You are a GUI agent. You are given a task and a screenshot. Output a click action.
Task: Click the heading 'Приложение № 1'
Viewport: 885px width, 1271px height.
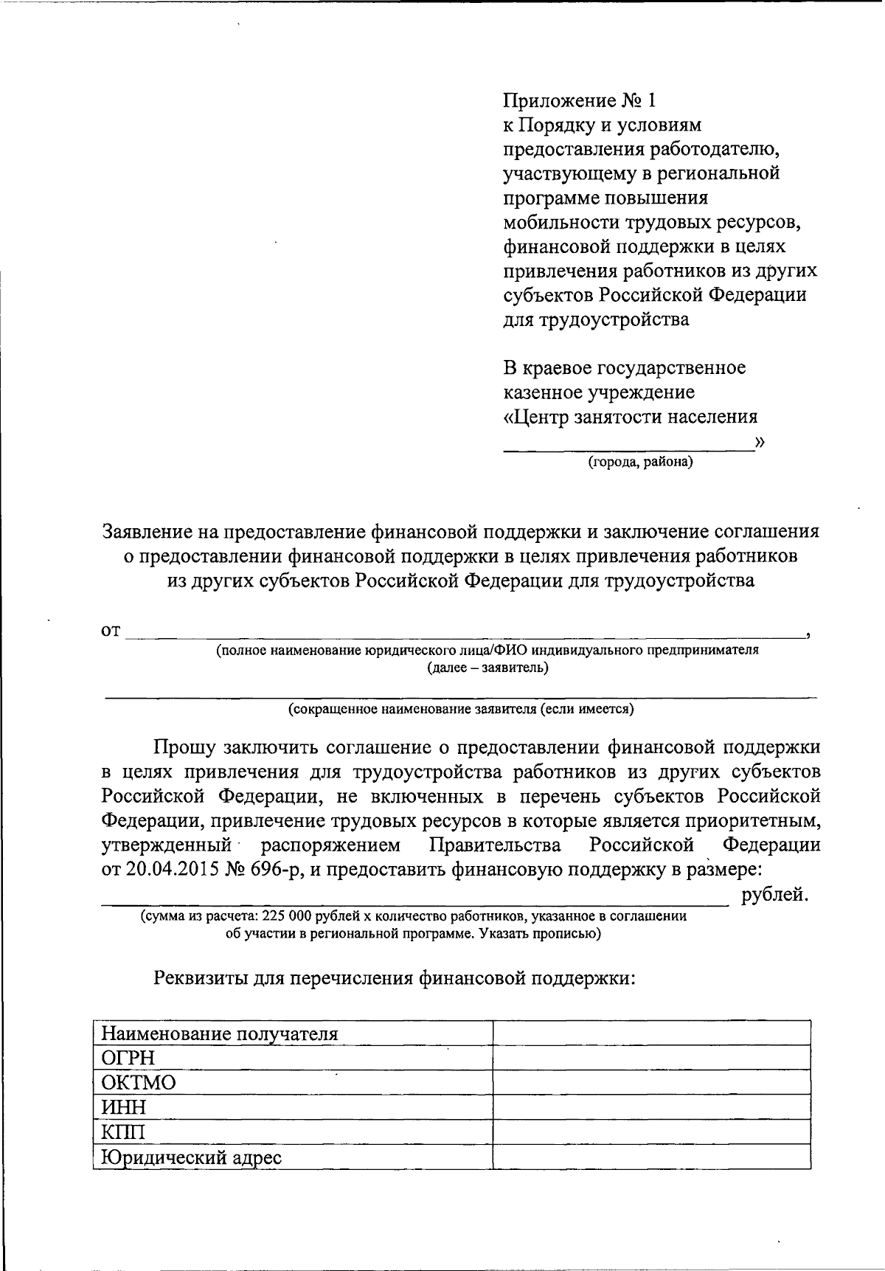coord(578,100)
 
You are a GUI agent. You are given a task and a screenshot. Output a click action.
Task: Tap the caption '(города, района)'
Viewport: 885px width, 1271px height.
coord(639,463)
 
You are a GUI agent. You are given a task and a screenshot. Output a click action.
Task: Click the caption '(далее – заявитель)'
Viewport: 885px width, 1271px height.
coord(487,668)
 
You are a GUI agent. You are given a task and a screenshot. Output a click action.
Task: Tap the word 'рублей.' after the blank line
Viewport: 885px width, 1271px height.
coord(775,895)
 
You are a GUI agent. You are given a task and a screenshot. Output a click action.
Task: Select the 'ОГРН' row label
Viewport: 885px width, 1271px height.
coord(128,1058)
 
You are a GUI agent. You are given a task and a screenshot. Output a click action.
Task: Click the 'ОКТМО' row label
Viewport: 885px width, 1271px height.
coord(139,1083)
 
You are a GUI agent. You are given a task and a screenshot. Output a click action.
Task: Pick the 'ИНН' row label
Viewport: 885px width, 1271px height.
coord(124,1107)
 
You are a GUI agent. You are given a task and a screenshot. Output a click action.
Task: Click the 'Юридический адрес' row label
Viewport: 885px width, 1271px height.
coord(192,1157)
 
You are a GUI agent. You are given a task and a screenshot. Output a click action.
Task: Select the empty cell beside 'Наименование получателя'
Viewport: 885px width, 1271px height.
coord(651,1033)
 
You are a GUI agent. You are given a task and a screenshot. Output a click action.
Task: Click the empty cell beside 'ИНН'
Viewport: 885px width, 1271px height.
coord(651,1107)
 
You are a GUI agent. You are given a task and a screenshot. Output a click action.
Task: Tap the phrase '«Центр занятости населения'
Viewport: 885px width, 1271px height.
coord(630,417)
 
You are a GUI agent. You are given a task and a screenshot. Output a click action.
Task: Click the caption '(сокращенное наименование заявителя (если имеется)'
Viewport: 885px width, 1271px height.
coord(461,709)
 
